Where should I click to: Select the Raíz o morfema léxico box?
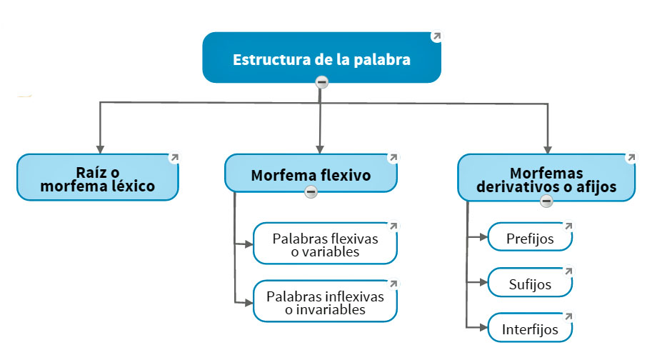(x=97, y=178)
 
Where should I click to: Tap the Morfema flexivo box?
(x=311, y=174)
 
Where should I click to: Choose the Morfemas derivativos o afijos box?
(x=547, y=179)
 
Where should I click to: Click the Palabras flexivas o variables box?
(x=325, y=244)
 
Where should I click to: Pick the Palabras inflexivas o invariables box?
(x=325, y=302)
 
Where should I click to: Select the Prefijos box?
(x=530, y=238)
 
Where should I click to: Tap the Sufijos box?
(x=530, y=284)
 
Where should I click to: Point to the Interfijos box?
(x=530, y=330)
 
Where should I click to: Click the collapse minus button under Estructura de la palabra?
(x=322, y=82)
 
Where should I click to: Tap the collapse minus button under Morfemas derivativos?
(x=547, y=201)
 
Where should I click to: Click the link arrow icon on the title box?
(x=436, y=36)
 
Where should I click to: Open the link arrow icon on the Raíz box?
(x=174, y=158)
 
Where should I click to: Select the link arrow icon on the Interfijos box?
(x=568, y=316)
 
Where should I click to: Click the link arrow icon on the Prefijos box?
(x=568, y=226)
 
